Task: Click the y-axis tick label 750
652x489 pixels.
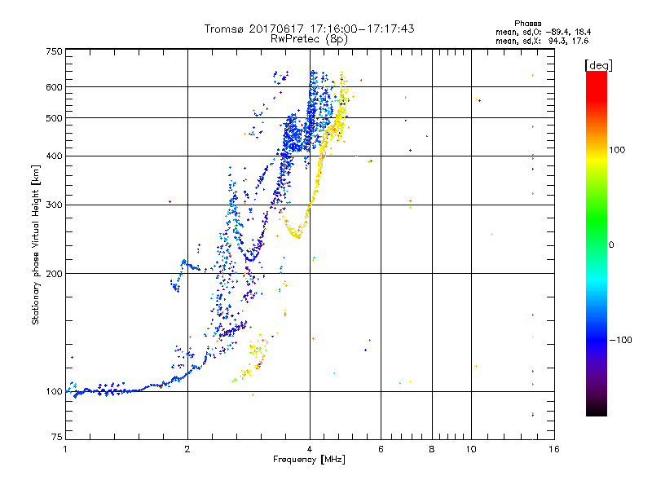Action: [x=54, y=51]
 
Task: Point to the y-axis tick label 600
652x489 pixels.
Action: [x=54, y=87]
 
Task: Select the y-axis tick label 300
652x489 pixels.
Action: [x=54, y=205]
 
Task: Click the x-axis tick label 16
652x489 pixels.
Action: [x=553, y=449]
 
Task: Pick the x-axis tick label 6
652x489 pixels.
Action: [x=381, y=449]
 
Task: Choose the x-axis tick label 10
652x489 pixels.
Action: [x=471, y=449]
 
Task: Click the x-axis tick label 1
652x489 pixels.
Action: [x=65, y=449]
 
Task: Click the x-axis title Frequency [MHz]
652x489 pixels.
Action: [x=309, y=460]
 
